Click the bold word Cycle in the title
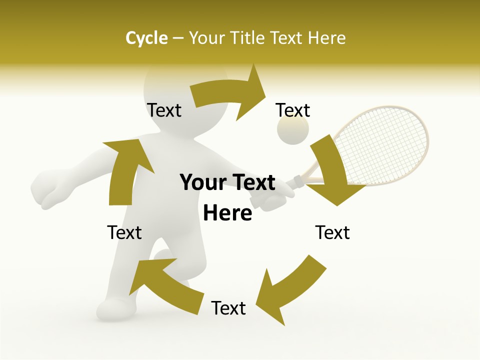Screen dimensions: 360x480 click(146, 38)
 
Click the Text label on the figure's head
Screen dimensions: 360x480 click(164, 110)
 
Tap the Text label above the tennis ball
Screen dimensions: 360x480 click(293, 110)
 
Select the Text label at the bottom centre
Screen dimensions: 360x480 click(228, 308)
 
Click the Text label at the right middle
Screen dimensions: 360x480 click(332, 232)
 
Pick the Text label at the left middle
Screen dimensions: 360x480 click(124, 232)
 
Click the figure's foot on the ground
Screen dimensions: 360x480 click(112, 307)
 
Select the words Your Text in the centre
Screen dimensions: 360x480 click(227, 183)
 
